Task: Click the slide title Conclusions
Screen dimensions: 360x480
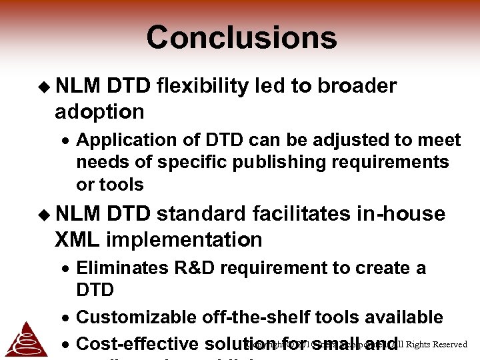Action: point(241,37)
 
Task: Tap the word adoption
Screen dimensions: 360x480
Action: point(99,111)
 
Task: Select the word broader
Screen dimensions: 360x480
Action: point(357,86)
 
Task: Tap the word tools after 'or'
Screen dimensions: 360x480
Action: point(121,184)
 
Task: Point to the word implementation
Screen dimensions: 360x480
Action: point(184,239)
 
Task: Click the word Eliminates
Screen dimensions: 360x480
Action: point(123,267)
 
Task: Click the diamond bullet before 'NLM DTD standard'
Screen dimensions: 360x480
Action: point(44,214)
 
